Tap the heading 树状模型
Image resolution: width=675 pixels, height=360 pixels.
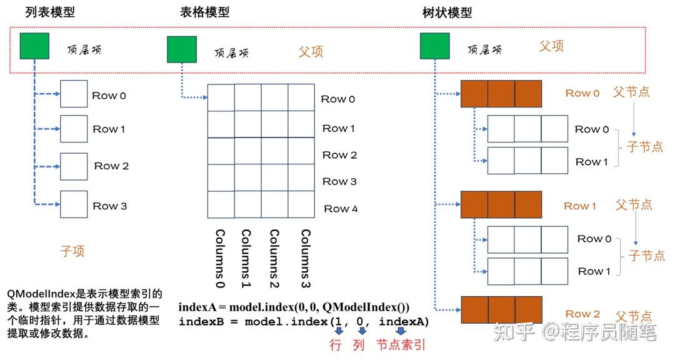click(x=447, y=12)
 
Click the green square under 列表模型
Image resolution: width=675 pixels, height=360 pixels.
click(x=34, y=46)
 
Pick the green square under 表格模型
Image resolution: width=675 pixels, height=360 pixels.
click(x=182, y=49)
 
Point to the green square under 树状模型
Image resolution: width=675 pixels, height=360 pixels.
click(x=434, y=46)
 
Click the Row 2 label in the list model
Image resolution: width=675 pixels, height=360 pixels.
click(x=111, y=166)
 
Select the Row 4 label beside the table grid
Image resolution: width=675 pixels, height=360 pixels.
click(x=341, y=209)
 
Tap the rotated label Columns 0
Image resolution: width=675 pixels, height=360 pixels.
click(x=220, y=257)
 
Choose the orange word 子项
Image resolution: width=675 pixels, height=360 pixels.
click(x=72, y=251)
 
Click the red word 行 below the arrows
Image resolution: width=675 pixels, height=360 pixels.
click(x=336, y=344)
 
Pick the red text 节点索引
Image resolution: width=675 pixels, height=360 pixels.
click(x=401, y=344)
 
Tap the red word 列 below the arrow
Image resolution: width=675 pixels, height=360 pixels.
click(x=359, y=344)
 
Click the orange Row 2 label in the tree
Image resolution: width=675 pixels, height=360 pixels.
click(x=582, y=314)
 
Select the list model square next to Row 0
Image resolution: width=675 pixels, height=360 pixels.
click(x=74, y=95)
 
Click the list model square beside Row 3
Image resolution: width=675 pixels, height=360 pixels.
click(x=74, y=204)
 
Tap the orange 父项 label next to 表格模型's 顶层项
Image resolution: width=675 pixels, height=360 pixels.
click(x=311, y=51)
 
